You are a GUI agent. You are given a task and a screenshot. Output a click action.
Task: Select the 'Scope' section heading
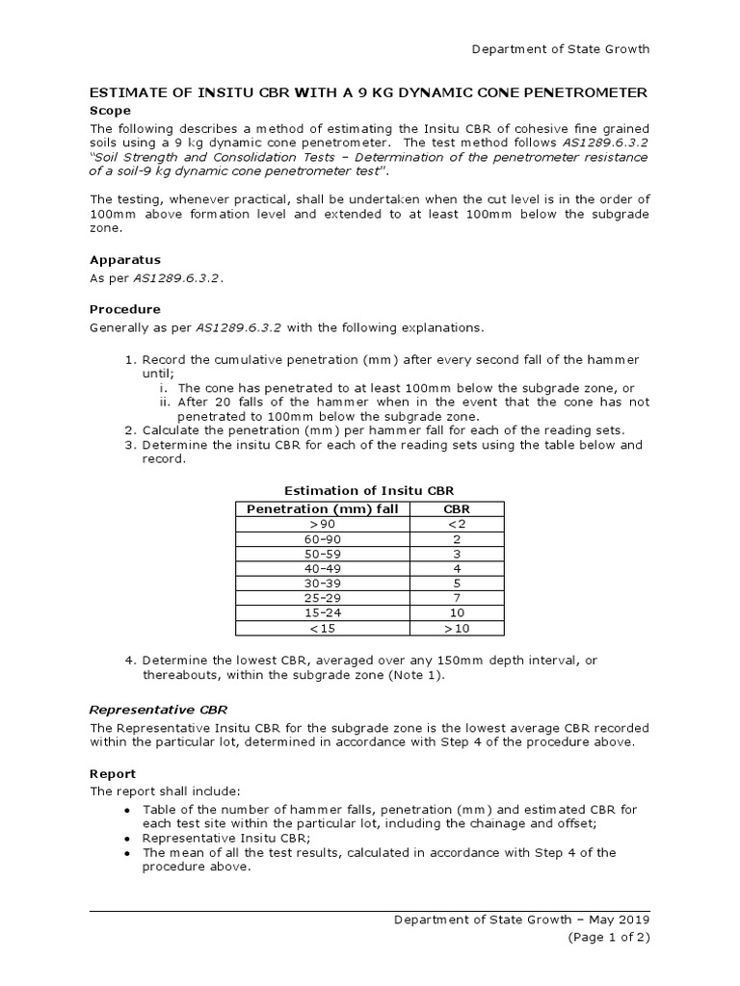[x=109, y=111]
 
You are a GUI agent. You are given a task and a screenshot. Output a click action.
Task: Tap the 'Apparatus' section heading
[x=125, y=259]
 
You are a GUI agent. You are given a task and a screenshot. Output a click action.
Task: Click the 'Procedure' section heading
[x=125, y=309]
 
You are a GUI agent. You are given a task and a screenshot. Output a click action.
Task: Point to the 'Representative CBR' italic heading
[x=159, y=709]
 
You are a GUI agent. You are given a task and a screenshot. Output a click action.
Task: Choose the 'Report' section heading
[x=113, y=773]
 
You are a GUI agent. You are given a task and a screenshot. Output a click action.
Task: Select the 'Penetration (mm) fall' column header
[x=322, y=508]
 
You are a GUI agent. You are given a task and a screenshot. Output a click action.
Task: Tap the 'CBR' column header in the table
[x=456, y=508]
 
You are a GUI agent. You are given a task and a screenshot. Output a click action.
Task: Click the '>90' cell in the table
[x=322, y=524]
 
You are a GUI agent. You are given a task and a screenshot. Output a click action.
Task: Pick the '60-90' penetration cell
[x=322, y=539]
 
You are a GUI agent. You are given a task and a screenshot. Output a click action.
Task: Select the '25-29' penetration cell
[x=322, y=598]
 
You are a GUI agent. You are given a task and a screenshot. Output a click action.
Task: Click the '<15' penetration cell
[x=322, y=629]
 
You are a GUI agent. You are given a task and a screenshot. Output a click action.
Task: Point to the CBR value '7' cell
[x=456, y=598]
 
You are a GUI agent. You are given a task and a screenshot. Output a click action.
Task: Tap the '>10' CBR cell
[x=456, y=629]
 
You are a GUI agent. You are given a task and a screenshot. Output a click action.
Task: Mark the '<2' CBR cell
[x=456, y=524]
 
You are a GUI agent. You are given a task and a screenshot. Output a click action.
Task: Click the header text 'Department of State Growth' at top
[x=560, y=49]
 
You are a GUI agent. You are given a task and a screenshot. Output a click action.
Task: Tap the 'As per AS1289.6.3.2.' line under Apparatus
[x=156, y=277]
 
